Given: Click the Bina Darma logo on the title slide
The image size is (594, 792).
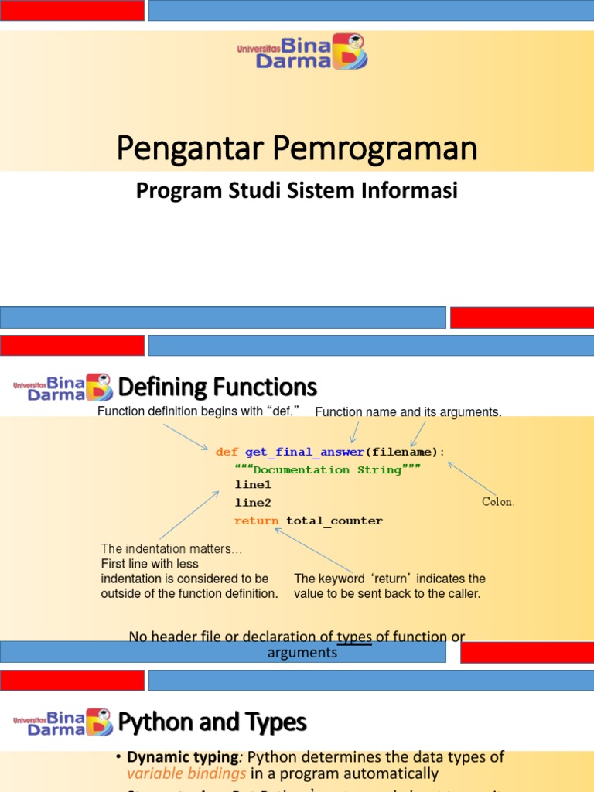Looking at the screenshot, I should click(x=302, y=51).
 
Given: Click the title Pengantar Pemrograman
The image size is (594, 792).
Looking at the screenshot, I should click(x=296, y=148).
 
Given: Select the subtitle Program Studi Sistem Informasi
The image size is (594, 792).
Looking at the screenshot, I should click(x=296, y=190).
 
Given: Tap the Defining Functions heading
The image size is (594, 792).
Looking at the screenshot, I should click(x=217, y=387).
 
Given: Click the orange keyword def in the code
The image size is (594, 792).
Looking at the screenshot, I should click(x=227, y=452).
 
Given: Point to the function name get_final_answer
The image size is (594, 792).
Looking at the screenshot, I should click(x=304, y=452).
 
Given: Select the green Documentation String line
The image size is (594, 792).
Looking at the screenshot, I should click(x=327, y=470).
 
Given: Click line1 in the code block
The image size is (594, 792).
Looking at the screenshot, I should click(x=253, y=486).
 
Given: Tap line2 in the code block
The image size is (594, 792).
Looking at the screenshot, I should click(x=253, y=503).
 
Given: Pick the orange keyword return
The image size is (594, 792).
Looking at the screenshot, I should click(x=256, y=521).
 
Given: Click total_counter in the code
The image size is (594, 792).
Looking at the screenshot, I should click(x=334, y=521).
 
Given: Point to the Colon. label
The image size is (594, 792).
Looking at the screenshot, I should click(x=498, y=502).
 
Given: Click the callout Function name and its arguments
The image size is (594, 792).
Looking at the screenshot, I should click(x=408, y=412).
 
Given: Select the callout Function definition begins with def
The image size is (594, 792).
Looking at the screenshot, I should click(x=198, y=411).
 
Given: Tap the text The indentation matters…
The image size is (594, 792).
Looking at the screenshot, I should click(x=171, y=549).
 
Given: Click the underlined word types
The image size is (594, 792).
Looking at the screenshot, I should click(x=354, y=637).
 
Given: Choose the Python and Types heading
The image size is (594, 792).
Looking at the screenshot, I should click(x=212, y=722).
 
